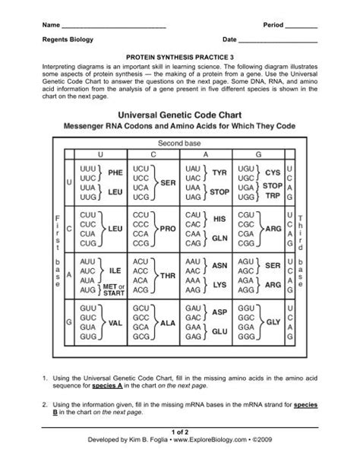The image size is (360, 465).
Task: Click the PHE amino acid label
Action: click(115, 172)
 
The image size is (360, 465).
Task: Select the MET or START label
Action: click(113, 290)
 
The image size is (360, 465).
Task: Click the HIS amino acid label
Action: click(220, 218)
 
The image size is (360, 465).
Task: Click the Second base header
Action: click(180, 143)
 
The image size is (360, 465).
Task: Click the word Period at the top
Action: click(273, 25)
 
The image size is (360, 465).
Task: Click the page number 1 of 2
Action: click(180, 451)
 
